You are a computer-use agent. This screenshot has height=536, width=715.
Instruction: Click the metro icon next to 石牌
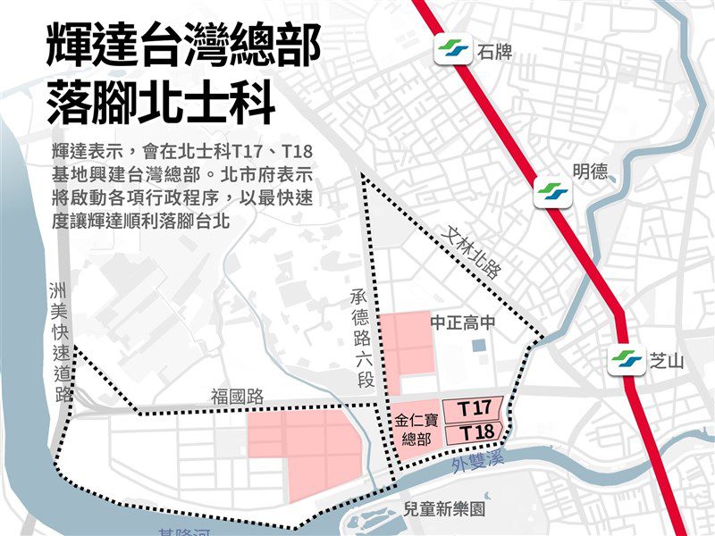(x=453, y=51)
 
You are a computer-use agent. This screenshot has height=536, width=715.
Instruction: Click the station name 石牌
(x=496, y=51)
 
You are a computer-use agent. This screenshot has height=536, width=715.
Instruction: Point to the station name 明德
(x=590, y=173)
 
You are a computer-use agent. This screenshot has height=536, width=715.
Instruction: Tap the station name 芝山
(x=666, y=362)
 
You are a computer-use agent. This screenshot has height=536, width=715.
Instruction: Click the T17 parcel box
(x=474, y=408)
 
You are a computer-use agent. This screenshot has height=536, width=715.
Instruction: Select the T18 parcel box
(x=474, y=432)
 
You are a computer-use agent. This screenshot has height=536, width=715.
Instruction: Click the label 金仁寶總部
(x=417, y=429)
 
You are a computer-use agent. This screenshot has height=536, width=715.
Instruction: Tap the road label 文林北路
(x=472, y=253)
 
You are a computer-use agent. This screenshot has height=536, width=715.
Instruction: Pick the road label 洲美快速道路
(x=61, y=339)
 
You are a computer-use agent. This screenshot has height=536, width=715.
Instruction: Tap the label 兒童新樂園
(x=443, y=509)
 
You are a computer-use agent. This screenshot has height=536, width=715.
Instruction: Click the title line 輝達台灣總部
(x=183, y=46)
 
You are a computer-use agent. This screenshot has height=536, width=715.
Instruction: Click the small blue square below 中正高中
(x=478, y=344)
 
